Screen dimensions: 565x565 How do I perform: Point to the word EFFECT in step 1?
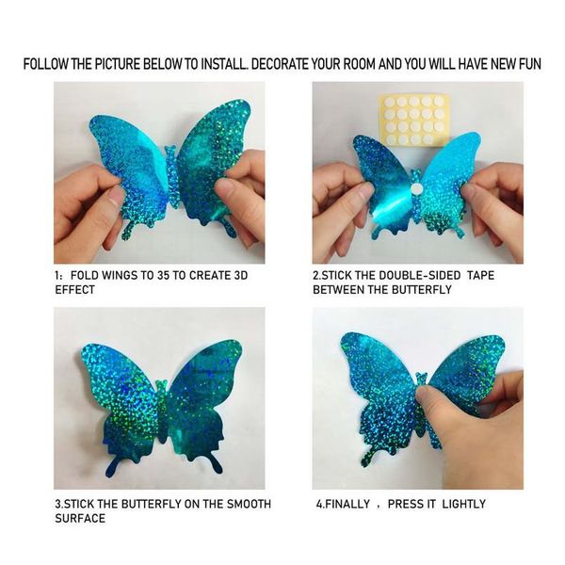(x=76, y=290)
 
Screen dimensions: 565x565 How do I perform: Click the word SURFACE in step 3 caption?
(x=80, y=518)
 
